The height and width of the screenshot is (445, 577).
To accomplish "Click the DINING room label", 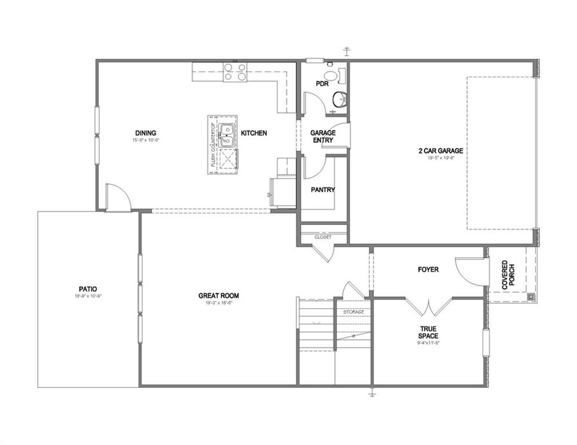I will click(145, 133).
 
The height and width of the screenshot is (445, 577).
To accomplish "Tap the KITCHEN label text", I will click(254, 133).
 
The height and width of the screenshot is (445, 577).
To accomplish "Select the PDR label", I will click(322, 83).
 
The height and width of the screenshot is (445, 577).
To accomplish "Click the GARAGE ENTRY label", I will click(322, 136).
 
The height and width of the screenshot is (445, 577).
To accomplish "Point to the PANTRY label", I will click(322, 189).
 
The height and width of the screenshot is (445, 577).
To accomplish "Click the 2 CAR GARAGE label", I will click(440, 151).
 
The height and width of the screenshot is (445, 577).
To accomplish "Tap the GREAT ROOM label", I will click(219, 296).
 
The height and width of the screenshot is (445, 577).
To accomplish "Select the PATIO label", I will click(88, 288).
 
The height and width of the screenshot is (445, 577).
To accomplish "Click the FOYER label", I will click(428, 269).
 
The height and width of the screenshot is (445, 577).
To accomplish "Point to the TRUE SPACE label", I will click(429, 332).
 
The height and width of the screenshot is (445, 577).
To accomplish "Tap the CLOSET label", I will click(323, 237).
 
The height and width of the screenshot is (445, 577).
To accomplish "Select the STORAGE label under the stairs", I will click(353, 312).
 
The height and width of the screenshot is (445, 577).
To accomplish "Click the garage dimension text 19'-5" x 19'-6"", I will click(440, 158).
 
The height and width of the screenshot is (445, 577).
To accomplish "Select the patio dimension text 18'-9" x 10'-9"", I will click(88, 296).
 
